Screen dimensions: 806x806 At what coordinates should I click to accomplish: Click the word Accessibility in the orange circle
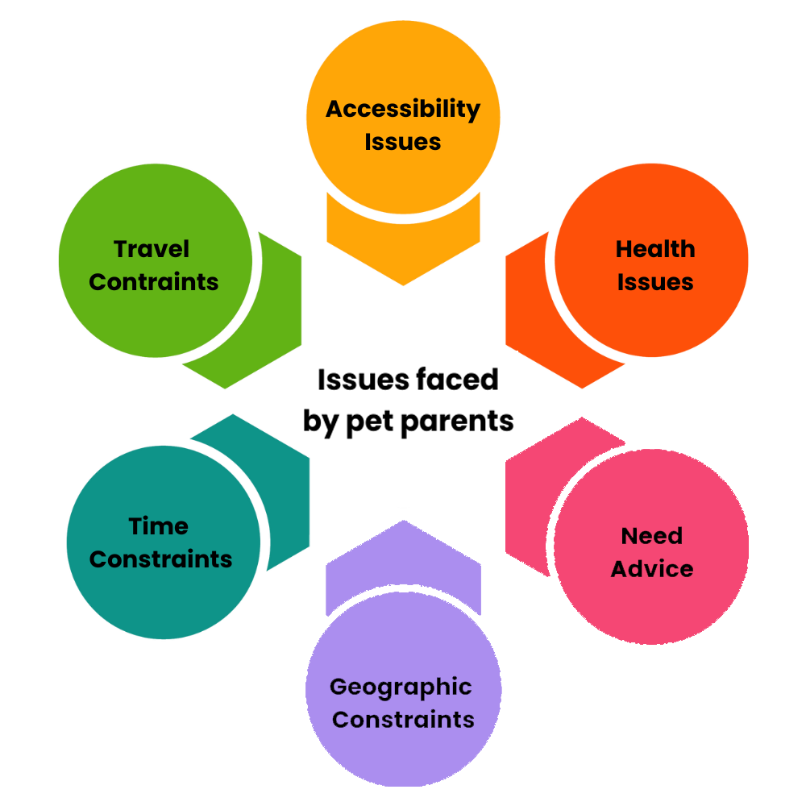point(403,109)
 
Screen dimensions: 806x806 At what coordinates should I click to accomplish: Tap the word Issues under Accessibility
point(403,142)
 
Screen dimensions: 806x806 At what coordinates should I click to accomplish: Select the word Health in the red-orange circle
point(654,249)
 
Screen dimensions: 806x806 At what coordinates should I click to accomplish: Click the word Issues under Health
point(654,282)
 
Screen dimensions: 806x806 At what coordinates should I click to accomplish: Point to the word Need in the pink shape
point(651,536)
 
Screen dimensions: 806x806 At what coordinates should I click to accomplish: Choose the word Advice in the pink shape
point(651,569)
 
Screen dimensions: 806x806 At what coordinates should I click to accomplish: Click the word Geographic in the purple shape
point(401,688)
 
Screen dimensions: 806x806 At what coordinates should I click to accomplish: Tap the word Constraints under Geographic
point(403,719)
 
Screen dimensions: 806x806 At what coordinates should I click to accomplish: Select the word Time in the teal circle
point(159,526)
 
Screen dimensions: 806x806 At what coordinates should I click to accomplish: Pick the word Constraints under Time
point(160,559)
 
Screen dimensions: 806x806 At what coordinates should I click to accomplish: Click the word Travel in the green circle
point(152,249)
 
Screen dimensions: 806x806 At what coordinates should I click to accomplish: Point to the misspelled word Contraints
point(154,282)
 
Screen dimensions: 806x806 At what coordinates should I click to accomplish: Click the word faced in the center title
point(462,380)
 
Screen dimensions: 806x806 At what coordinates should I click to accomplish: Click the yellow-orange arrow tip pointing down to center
point(403,285)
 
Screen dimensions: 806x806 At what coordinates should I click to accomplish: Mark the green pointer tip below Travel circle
point(226,388)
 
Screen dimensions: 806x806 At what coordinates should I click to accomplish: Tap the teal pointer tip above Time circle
point(233,414)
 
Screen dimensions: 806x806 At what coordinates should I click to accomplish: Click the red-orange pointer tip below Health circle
point(582,388)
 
